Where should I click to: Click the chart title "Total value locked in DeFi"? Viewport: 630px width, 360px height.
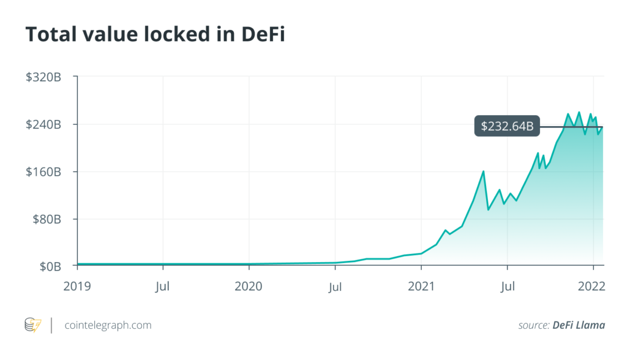pos(155,35)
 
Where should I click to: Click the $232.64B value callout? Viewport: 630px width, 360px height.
pos(508,127)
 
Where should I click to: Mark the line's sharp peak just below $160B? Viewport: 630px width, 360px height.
pos(483,172)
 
